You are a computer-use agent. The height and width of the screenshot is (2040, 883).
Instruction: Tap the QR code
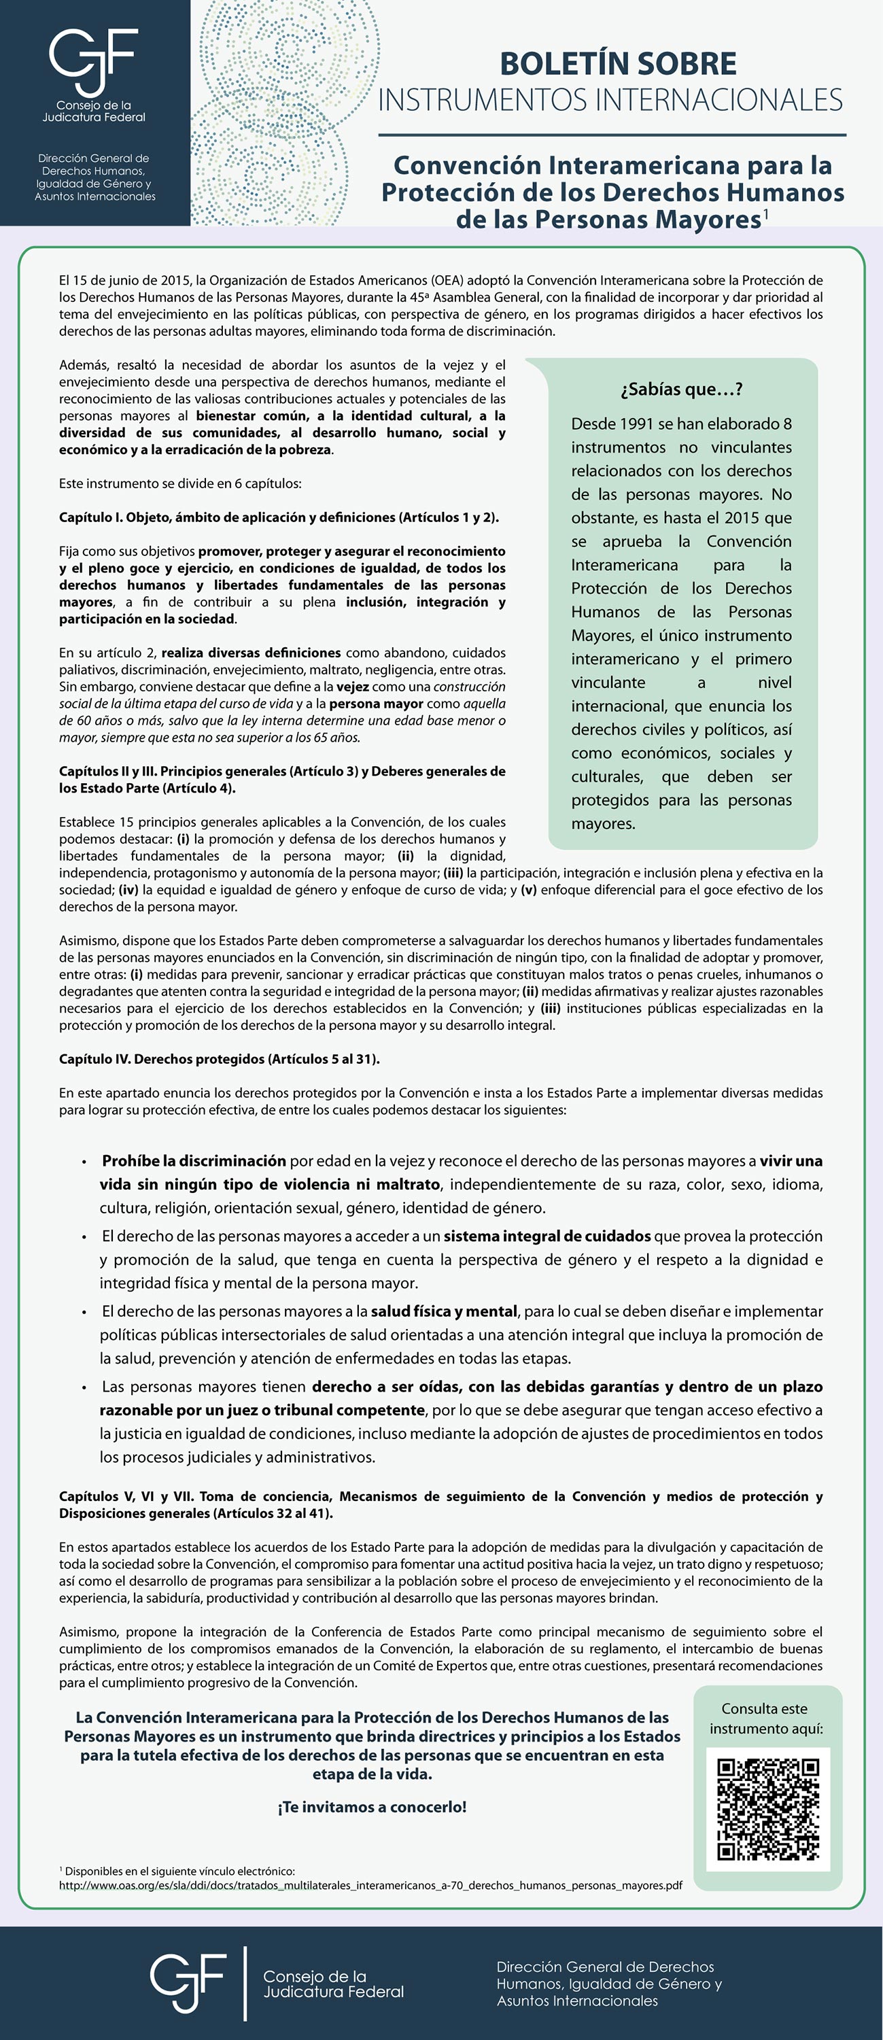[x=767, y=1809]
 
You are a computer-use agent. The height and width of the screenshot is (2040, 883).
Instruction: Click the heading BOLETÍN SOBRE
[x=618, y=63]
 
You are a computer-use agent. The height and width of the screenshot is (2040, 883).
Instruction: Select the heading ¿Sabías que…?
[x=681, y=389]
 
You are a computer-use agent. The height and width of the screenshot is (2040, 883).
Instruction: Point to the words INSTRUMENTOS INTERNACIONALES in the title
[x=610, y=101]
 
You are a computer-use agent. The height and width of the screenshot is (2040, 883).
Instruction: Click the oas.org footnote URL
[x=370, y=1886]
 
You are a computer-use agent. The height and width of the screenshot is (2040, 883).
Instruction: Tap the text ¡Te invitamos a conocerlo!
[x=371, y=1807]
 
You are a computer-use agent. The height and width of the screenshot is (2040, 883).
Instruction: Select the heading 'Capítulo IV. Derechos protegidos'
[x=219, y=1059]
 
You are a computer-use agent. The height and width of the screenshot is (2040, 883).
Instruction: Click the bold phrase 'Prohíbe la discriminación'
[x=194, y=1161]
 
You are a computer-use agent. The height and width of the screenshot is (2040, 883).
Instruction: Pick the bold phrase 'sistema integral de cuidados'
[x=547, y=1237]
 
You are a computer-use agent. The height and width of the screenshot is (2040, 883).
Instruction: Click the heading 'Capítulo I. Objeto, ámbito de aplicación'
[x=278, y=517]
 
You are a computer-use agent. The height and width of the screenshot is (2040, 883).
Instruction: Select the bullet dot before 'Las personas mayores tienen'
[x=84, y=1387]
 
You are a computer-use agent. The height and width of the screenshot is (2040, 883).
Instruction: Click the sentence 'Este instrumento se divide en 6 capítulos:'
[x=179, y=483]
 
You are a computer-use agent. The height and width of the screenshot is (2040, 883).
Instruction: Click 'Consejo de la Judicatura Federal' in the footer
[x=332, y=1984]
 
